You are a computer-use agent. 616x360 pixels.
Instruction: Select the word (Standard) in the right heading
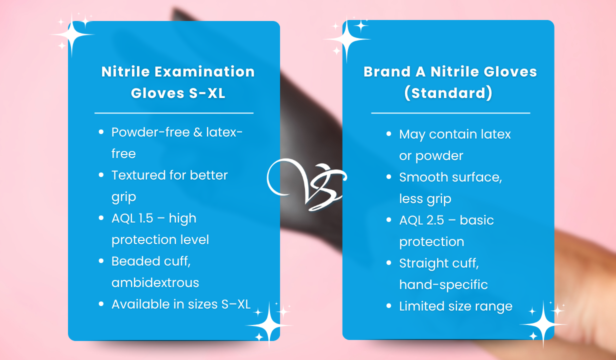(450, 93)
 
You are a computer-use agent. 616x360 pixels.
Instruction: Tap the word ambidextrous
(155, 283)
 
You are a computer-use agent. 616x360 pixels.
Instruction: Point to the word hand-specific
(443, 285)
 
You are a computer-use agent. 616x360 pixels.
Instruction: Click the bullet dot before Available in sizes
(101, 304)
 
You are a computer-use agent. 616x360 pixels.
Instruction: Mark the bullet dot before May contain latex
(389, 134)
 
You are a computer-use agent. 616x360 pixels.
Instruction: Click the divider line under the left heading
(174, 113)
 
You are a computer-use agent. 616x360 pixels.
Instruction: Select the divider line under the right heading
(450, 113)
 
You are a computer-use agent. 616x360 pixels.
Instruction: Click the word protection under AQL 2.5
(431, 242)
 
